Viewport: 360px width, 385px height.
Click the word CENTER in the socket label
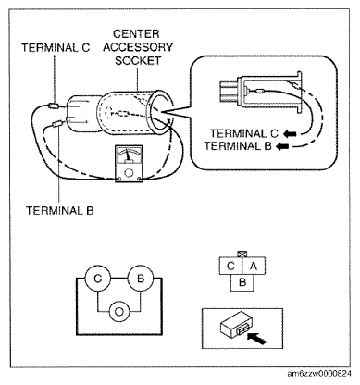[136, 33]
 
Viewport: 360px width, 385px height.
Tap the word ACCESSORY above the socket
[138, 47]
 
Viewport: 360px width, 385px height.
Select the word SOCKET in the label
[138, 60]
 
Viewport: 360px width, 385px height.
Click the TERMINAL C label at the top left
[56, 48]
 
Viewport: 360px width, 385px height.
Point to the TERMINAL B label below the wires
[60, 211]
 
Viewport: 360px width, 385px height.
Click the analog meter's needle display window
[129, 155]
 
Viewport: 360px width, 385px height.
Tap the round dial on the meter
[129, 172]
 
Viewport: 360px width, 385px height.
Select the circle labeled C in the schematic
[98, 279]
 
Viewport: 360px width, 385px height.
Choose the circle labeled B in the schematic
[141, 279]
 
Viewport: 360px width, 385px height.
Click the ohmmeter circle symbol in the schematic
[119, 311]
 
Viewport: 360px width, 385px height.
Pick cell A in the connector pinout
[254, 266]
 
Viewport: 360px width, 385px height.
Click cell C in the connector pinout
[230, 266]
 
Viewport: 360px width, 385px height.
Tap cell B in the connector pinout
[242, 282]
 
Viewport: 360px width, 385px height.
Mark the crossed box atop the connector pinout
[242, 255]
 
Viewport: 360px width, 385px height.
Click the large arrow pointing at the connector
[257, 338]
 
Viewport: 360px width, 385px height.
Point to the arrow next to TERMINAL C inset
[290, 134]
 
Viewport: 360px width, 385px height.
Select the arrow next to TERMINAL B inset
[282, 146]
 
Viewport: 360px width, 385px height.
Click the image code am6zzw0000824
[319, 374]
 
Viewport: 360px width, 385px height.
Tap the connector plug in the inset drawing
[229, 91]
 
